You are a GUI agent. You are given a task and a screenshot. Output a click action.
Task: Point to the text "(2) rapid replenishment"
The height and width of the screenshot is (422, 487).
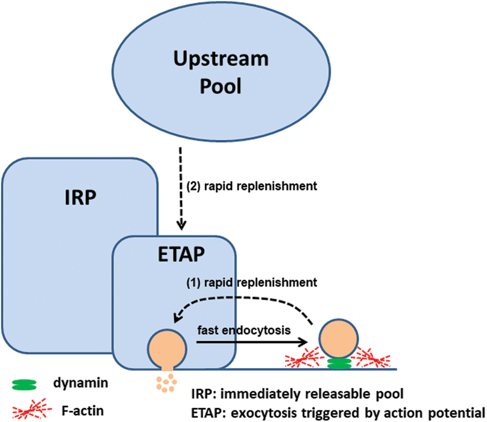click(251, 186)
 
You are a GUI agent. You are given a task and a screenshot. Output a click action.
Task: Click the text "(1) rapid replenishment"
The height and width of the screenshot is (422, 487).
click(251, 283)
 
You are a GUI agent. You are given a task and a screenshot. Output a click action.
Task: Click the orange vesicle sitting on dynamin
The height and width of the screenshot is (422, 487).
click(338, 339)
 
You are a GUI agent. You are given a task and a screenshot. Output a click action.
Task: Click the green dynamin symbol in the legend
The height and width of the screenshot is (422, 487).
click(25, 383)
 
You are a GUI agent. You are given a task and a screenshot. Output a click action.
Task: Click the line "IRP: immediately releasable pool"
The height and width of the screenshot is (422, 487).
click(298, 394)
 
